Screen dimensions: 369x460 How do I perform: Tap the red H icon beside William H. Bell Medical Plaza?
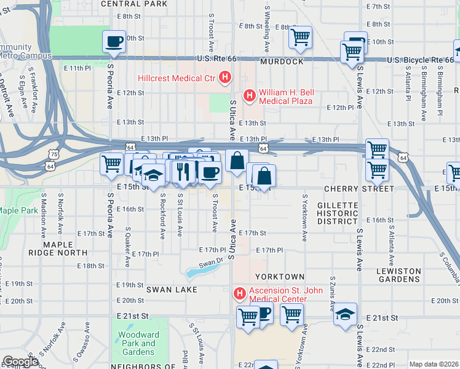click(250, 95)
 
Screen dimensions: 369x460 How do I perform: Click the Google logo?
click(20, 361)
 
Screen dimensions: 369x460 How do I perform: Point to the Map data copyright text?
click(434, 364)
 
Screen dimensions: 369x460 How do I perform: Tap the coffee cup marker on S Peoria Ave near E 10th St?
click(114, 41)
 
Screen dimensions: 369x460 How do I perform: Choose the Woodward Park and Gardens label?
click(137, 343)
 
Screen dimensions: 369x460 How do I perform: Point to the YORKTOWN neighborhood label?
click(280, 277)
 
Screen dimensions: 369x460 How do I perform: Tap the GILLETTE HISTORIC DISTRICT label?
click(337, 213)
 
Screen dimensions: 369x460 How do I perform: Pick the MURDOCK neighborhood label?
click(282, 62)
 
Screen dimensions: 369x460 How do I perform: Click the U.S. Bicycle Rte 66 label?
click(420, 60)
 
